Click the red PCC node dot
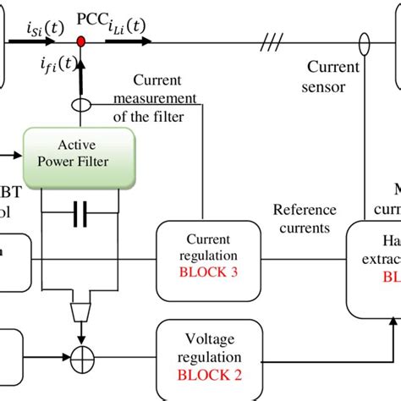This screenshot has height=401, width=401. (81, 41)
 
